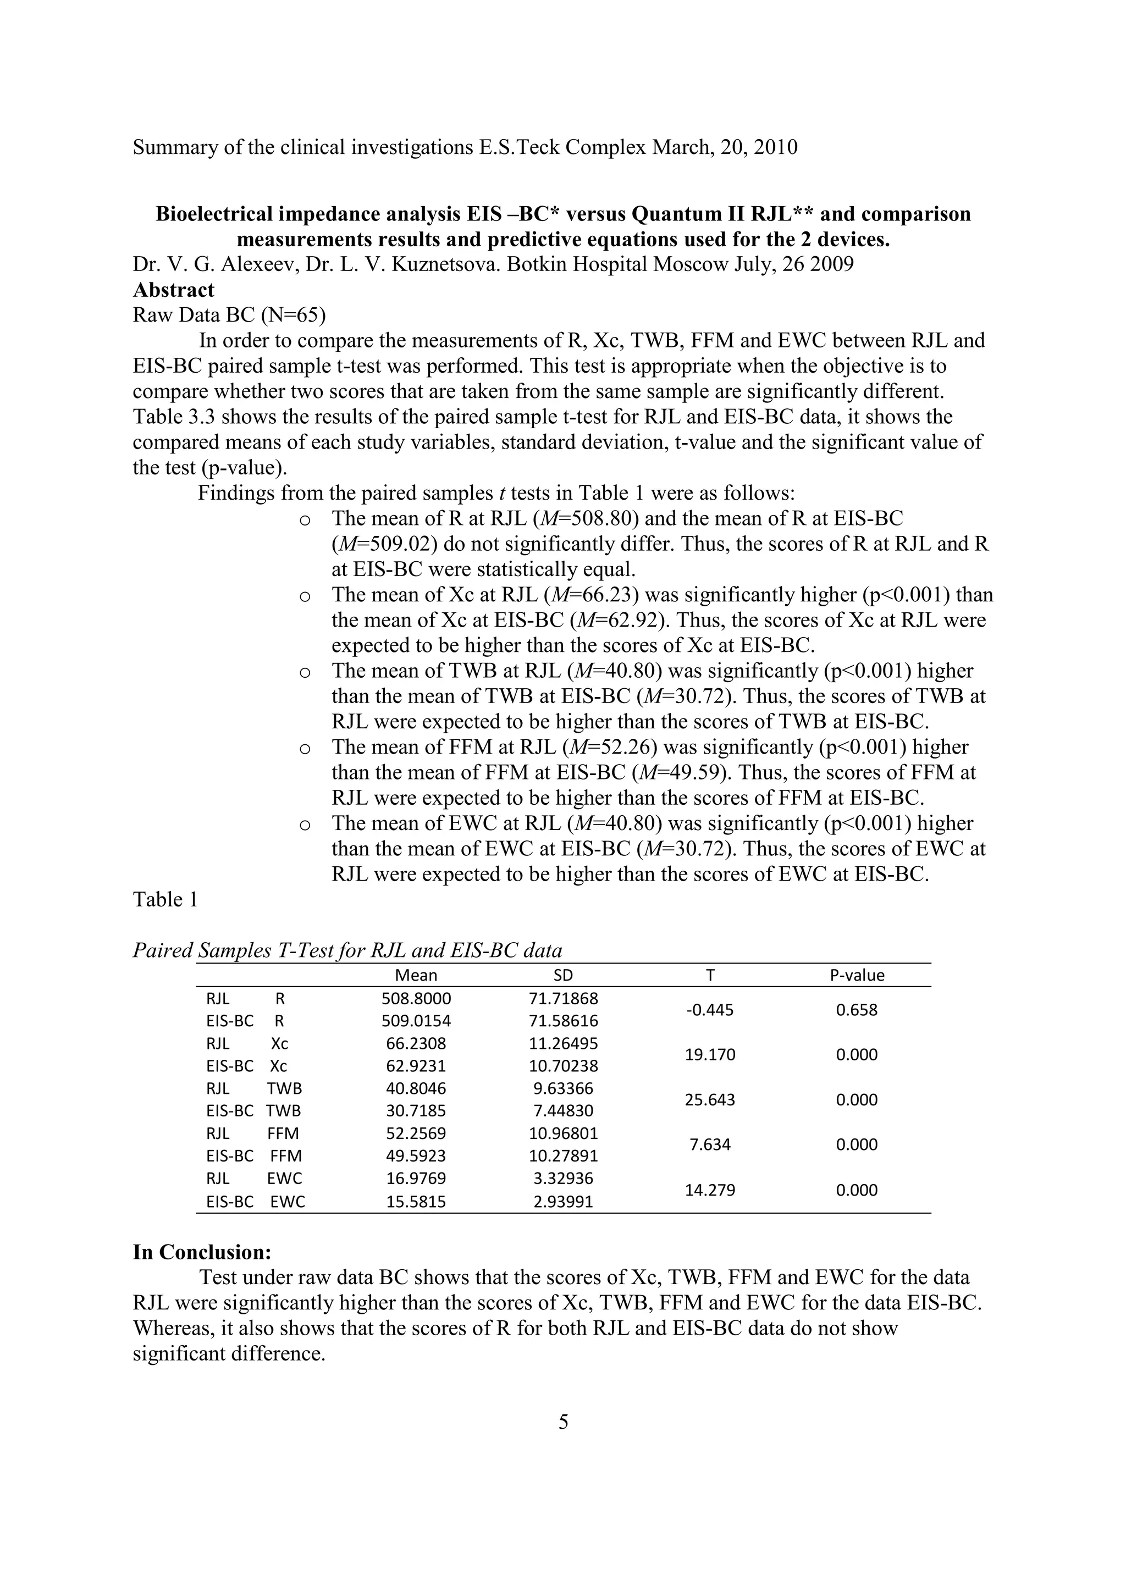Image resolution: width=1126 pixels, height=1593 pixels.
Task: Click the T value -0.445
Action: [709, 1010]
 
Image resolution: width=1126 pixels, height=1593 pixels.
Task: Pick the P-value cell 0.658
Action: [857, 1010]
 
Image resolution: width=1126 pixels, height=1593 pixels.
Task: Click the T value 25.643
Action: [709, 1100]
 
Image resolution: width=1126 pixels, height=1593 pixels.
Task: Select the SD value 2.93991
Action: [564, 1202]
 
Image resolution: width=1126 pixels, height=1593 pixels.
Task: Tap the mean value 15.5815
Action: [416, 1202]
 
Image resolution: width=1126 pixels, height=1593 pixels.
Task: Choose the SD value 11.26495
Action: [564, 1043]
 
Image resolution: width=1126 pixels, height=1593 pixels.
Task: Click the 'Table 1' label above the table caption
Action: [165, 899]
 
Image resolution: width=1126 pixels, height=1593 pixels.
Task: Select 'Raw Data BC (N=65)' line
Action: [229, 315]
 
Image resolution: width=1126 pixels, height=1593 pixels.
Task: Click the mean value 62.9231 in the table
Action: [416, 1066]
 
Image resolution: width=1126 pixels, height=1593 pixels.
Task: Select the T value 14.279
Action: [709, 1190]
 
